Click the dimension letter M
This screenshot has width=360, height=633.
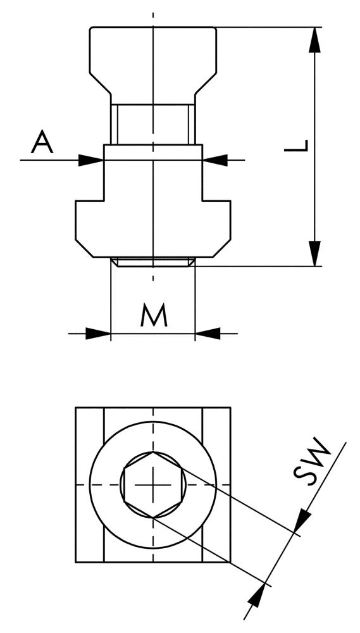[154, 315]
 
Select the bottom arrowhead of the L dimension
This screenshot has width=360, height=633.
[314, 253]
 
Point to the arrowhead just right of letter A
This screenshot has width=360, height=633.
[91, 160]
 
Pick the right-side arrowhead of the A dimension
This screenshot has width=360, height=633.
[215, 160]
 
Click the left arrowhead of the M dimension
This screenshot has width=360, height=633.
[98, 333]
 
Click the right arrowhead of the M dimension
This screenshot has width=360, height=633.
[208, 333]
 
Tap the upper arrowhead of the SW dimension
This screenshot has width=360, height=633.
[304, 520]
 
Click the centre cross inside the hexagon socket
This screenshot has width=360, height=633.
[154, 484]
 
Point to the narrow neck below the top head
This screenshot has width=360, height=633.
[153, 123]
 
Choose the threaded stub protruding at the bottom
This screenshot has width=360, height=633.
[153, 262]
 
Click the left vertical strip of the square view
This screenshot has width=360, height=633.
[89, 484]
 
